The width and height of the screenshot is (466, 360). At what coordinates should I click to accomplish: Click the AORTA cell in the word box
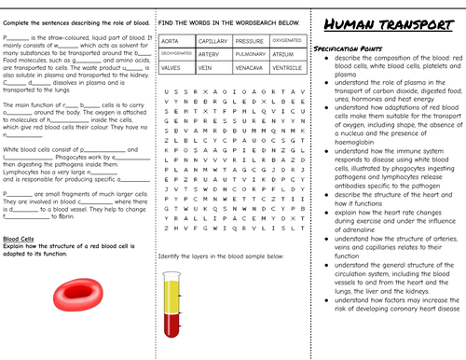(171, 42)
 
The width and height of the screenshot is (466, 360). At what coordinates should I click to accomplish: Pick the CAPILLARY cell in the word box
(212, 42)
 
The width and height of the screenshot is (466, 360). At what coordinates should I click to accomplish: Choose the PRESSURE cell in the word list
(250, 42)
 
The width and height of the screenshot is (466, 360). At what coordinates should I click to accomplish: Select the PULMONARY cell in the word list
(250, 54)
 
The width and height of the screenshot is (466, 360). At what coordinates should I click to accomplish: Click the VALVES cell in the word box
(171, 67)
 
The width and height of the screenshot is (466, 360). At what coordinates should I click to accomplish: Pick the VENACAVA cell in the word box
(250, 67)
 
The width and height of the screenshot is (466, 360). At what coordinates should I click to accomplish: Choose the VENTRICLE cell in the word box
(287, 67)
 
